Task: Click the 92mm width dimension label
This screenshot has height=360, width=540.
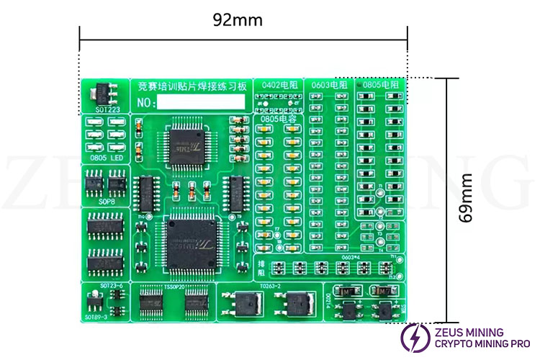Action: point(238,19)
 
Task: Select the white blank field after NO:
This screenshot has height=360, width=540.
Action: point(202,103)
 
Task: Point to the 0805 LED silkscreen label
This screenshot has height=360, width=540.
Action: point(105,157)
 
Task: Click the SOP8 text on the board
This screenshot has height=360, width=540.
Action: point(105,203)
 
